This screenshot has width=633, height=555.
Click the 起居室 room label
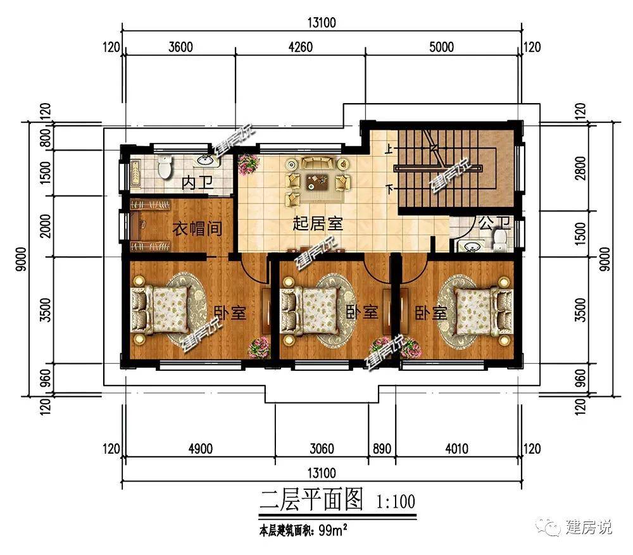point(318,223)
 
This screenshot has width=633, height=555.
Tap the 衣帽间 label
point(197,229)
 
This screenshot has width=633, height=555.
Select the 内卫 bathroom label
point(197,183)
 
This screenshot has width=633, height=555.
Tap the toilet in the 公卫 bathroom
point(499,240)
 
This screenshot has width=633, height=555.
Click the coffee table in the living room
point(317,181)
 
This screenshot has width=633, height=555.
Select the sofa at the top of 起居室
point(318,163)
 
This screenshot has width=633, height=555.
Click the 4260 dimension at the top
point(300,47)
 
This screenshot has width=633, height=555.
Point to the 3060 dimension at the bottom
point(322,449)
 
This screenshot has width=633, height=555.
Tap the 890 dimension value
point(382,449)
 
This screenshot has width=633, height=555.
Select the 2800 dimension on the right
point(580,168)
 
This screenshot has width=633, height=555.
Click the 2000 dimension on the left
point(46,226)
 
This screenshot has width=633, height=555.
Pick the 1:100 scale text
point(396,502)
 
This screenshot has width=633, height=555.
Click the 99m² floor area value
point(333,530)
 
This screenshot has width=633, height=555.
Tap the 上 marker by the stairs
point(389,149)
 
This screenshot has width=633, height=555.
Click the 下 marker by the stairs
point(389,189)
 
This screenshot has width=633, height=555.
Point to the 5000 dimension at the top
point(441,47)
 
